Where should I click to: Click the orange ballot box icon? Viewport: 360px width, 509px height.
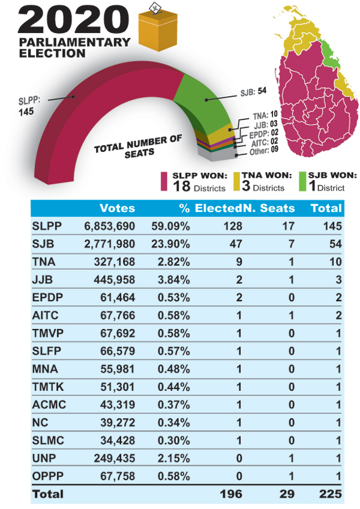(158, 29)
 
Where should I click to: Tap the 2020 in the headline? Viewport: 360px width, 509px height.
(73, 20)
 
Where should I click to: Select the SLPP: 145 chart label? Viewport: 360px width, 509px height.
(29, 106)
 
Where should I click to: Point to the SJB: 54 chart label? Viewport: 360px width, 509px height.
(253, 92)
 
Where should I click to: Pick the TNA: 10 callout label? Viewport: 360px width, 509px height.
(265, 115)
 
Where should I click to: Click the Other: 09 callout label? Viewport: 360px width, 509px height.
(263, 151)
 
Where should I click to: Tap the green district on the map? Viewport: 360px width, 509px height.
(329, 54)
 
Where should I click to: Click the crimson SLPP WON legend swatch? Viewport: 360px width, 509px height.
(164, 181)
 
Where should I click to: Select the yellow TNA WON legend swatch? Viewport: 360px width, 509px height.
(236, 181)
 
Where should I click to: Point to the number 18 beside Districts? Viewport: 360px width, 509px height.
(181, 186)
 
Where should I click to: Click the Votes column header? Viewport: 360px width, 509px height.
(117, 208)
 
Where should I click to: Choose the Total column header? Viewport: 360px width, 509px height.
(326, 208)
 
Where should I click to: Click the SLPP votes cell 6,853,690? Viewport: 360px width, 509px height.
(109, 226)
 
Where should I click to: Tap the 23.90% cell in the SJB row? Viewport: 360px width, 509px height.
(170, 244)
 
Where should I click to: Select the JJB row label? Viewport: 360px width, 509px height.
(43, 280)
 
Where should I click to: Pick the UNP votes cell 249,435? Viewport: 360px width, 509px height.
(114, 458)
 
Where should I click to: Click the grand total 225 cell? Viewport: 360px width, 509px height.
(330, 494)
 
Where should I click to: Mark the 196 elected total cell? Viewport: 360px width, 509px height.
(231, 494)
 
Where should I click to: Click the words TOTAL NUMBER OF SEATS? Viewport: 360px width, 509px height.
(138, 146)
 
